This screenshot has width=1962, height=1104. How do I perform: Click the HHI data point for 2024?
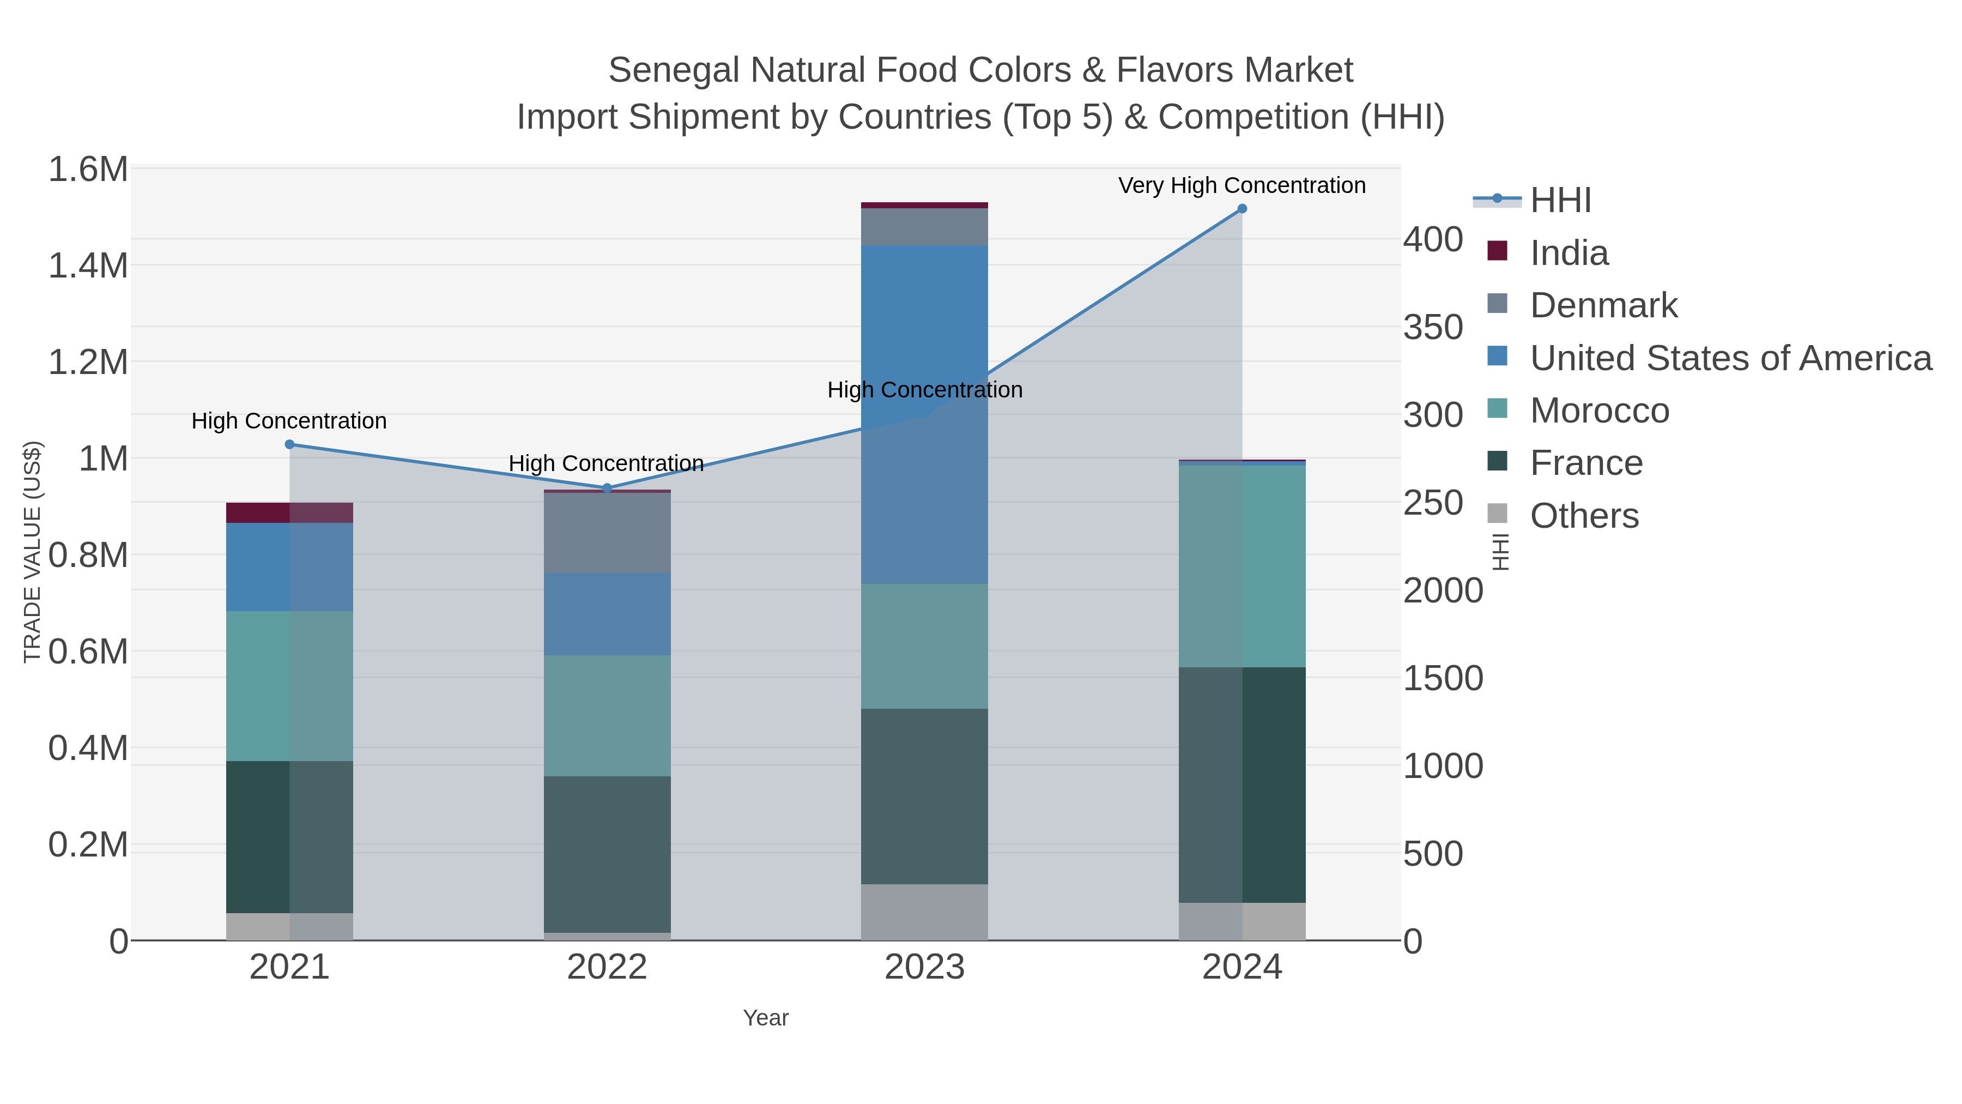coord(1242,209)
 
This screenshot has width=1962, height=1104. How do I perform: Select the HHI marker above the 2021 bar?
coord(289,444)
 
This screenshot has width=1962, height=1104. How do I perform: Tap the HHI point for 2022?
coord(607,487)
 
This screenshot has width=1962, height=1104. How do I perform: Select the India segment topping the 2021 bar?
coord(289,513)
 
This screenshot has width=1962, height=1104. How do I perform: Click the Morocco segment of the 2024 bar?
coord(1242,565)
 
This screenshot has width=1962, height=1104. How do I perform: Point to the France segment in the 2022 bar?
coord(607,853)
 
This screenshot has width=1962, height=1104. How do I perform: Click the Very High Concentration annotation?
coord(1242,185)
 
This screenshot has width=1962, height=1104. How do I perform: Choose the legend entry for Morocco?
coord(1600,411)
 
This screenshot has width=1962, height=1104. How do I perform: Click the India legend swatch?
coord(1498,251)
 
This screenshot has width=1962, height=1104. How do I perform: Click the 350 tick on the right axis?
coord(1433,328)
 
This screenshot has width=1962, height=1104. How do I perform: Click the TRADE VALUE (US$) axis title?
coord(32,552)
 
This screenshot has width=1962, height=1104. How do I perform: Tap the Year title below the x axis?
coord(766,1017)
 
